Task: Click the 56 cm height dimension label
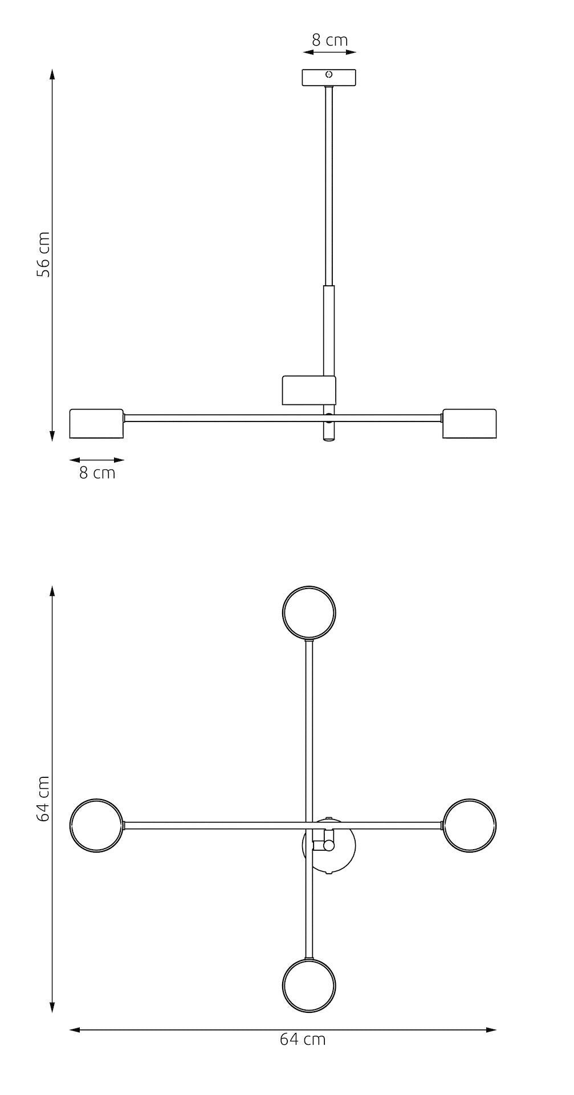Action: (x=43, y=254)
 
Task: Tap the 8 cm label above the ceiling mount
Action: (x=329, y=40)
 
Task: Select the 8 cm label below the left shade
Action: (x=97, y=473)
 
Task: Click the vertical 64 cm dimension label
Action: (x=43, y=798)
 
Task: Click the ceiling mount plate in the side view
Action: (x=329, y=78)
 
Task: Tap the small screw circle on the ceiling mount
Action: (x=329, y=74)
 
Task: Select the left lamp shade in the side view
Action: (x=96, y=424)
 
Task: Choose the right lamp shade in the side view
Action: (x=469, y=424)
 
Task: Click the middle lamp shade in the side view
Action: (x=309, y=391)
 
